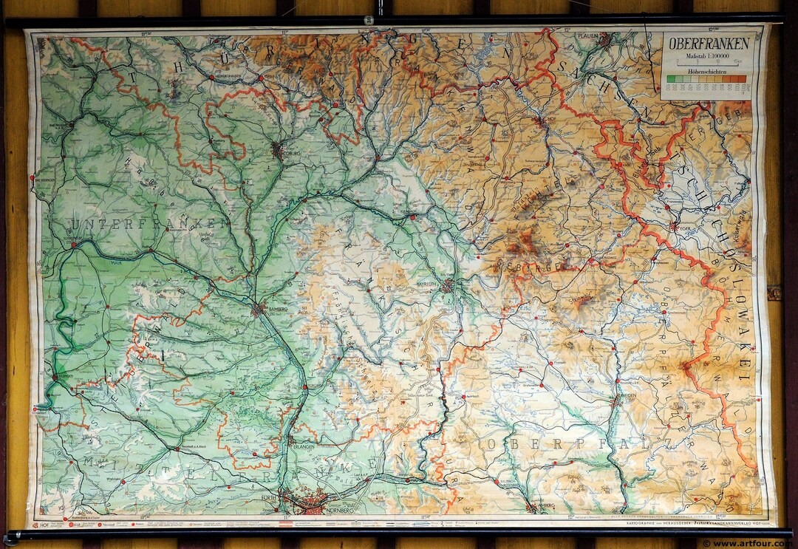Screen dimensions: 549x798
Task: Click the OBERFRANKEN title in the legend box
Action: pyautogui.click(x=709, y=44)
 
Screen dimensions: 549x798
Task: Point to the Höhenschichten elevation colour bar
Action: pyautogui.click(x=709, y=78)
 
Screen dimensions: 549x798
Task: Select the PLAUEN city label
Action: pyautogui.click(x=589, y=35)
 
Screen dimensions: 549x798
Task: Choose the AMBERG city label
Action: pyautogui.click(x=543, y=509)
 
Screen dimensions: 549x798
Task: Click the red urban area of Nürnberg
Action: pyautogui.click(x=314, y=504)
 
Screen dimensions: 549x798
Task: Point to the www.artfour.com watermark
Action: pyautogui.click(x=748, y=543)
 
